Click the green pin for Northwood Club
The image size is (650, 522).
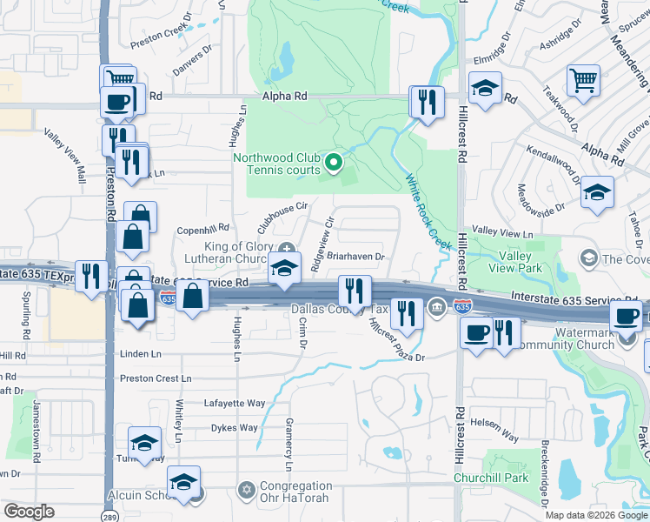click(332, 162)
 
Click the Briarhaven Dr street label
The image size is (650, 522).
click(356, 257)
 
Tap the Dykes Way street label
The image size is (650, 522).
click(236, 427)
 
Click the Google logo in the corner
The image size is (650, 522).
click(29, 512)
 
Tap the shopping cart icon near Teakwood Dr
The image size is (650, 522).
click(583, 81)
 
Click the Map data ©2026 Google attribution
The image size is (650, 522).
click(596, 515)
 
